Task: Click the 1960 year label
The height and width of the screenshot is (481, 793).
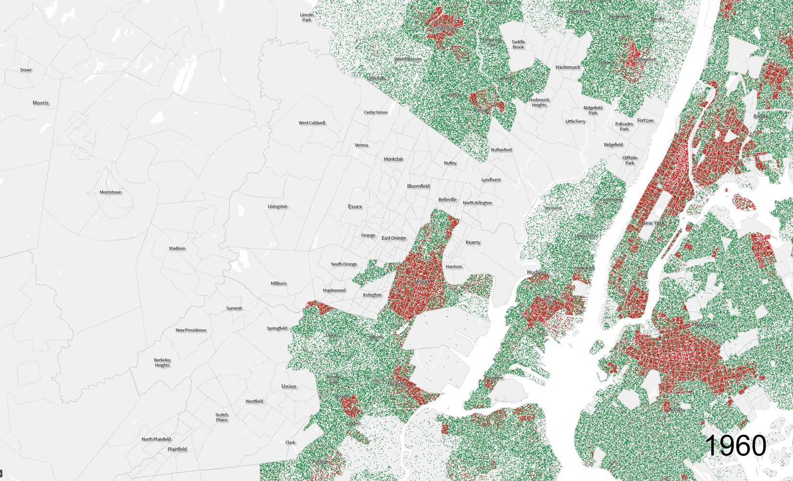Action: (x=735, y=446)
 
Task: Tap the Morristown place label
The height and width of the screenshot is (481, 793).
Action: (x=111, y=192)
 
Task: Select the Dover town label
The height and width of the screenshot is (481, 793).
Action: (x=26, y=70)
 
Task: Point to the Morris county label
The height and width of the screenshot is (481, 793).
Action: (x=40, y=103)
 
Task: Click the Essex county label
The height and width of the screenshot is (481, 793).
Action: (x=355, y=207)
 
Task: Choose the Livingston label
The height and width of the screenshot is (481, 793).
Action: (x=277, y=207)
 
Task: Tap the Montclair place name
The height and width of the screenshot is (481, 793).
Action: (x=393, y=159)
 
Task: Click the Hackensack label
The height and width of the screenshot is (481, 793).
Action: (x=568, y=67)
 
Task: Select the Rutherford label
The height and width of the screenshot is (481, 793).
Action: (x=501, y=150)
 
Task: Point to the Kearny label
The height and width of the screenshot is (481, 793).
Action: (x=473, y=242)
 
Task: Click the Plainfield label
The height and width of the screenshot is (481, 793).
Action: (x=177, y=449)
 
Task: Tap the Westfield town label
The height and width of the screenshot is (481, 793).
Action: (x=254, y=401)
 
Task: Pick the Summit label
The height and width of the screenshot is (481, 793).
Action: (x=234, y=308)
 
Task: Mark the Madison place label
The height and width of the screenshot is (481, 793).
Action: (x=177, y=249)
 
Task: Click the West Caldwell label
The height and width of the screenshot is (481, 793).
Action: (x=312, y=123)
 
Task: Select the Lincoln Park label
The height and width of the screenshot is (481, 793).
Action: (x=307, y=17)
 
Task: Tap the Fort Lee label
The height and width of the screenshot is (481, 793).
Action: (x=645, y=121)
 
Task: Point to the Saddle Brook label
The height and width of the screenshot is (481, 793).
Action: (x=518, y=45)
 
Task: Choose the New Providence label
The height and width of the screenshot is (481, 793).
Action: (x=191, y=330)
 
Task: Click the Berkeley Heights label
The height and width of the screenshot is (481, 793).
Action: (x=162, y=363)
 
